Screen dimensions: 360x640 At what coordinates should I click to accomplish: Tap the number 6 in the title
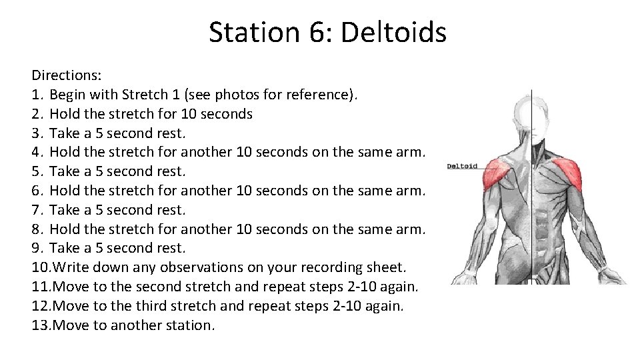pos(315,32)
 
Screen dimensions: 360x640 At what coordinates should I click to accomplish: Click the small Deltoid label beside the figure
pos(462,165)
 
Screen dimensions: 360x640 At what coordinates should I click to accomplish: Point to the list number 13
pos(40,325)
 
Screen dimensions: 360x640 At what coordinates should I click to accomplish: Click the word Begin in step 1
pos(70,95)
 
